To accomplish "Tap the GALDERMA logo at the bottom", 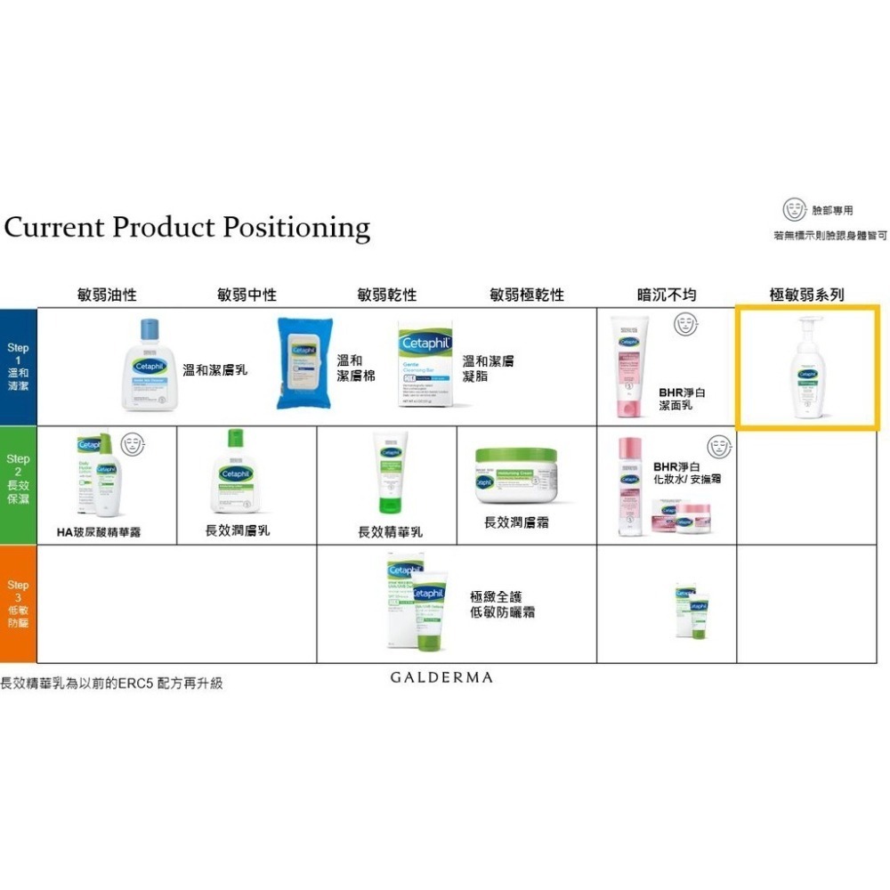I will [441, 677].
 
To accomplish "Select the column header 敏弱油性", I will [107, 295].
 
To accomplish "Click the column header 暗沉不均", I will [667, 295].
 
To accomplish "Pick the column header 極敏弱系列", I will [807, 295].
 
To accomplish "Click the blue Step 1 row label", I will [18, 367].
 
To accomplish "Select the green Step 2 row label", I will [18, 485].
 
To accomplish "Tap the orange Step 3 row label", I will [18, 604].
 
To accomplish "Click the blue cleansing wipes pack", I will [303, 363].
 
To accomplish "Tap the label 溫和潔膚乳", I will [214, 369].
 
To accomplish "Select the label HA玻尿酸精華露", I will [98, 532].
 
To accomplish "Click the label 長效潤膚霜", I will [516, 522].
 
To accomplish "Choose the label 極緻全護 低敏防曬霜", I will [502, 604].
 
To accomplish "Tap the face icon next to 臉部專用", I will [792, 210].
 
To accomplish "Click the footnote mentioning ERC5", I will [111, 683].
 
